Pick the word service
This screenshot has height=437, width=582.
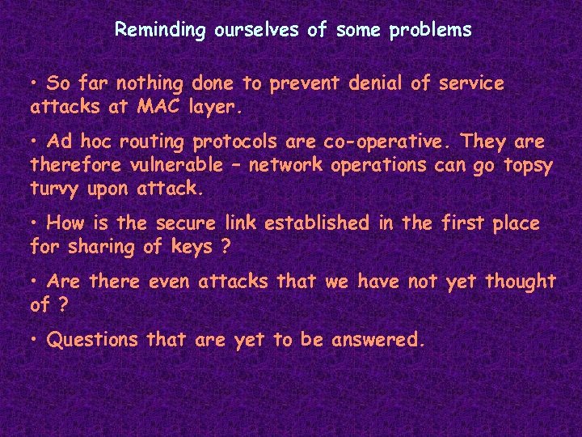(471, 83)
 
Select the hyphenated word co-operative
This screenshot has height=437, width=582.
(386, 142)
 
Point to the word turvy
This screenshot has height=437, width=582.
(57, 188)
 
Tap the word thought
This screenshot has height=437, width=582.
(521, 282)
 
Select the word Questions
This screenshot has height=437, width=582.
(93, 341)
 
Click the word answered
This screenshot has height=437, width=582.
(374, 341)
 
